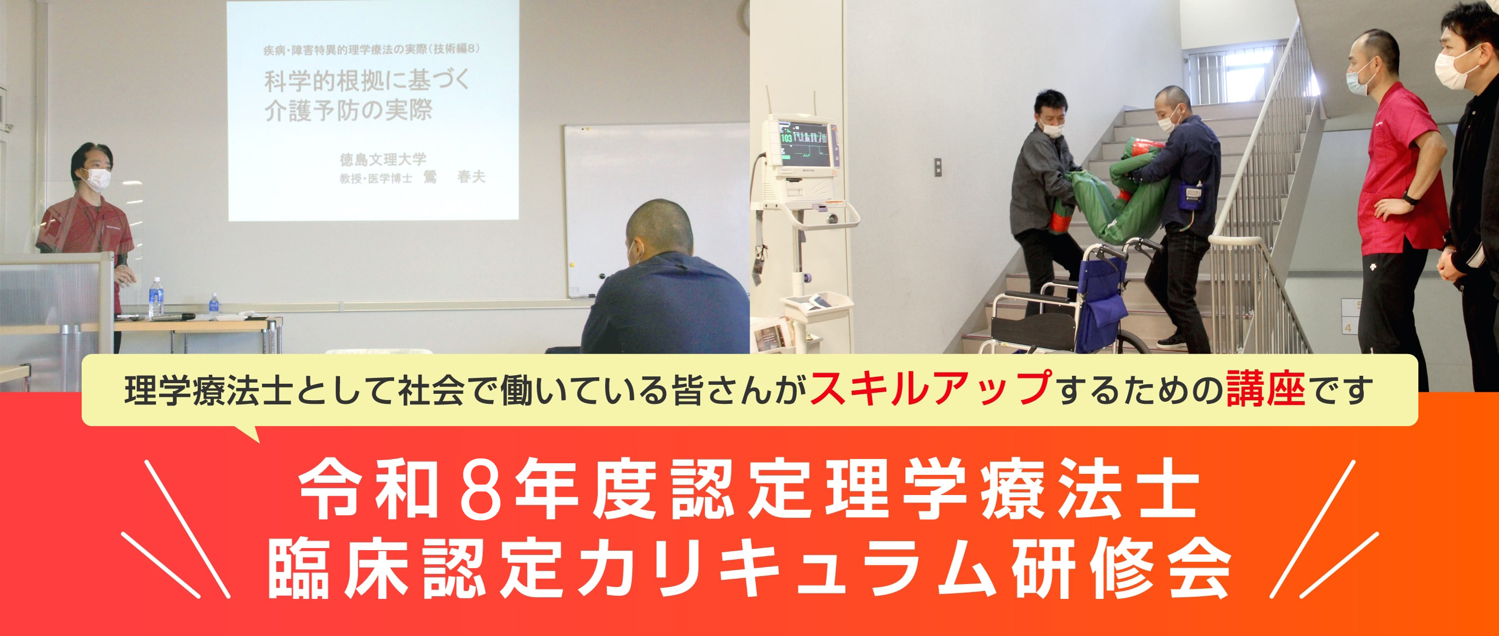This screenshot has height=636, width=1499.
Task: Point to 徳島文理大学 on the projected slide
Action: [383, 159]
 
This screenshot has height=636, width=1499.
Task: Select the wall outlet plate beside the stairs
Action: [938, 167]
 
